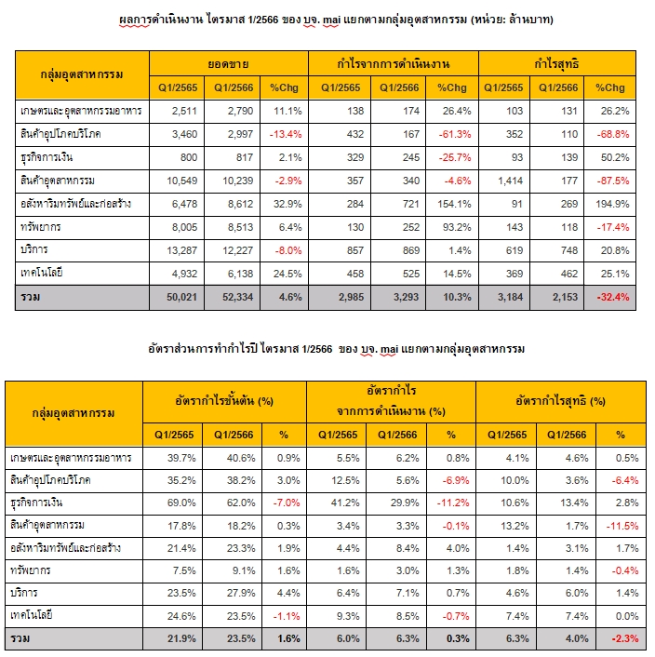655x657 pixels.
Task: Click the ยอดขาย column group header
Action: click(x=228, y=64)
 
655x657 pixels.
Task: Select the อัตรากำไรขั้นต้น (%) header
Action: click(x=224, y=401)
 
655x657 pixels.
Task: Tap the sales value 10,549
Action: click(x=181, y=181)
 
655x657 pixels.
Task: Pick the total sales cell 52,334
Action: click(x=237, y=297)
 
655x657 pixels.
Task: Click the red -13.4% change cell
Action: click(x=286, y=134)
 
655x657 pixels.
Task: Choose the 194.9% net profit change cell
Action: click(x=612, y=204)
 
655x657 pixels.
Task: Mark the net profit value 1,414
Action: click(x=510, y=181)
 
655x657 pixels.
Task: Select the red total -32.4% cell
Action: click(x=613, y=297)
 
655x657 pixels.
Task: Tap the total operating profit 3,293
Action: click(x=406, y=297)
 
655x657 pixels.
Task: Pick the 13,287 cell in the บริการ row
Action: click(x=181, y=250)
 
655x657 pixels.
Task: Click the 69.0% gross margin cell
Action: click(x=181, y=503)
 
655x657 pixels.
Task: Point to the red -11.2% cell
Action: click(x=453, y=503)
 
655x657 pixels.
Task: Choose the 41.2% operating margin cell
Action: click(x=345, y=503)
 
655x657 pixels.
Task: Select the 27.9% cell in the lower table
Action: click(x=241, y=593)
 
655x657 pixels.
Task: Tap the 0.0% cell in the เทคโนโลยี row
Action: click(x=627, y=616)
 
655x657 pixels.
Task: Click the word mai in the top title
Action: click(x=331, y=20)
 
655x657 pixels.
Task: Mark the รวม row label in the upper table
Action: click(x=30, y=297)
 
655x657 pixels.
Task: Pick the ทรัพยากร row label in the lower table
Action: click(x=30, y=570)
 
